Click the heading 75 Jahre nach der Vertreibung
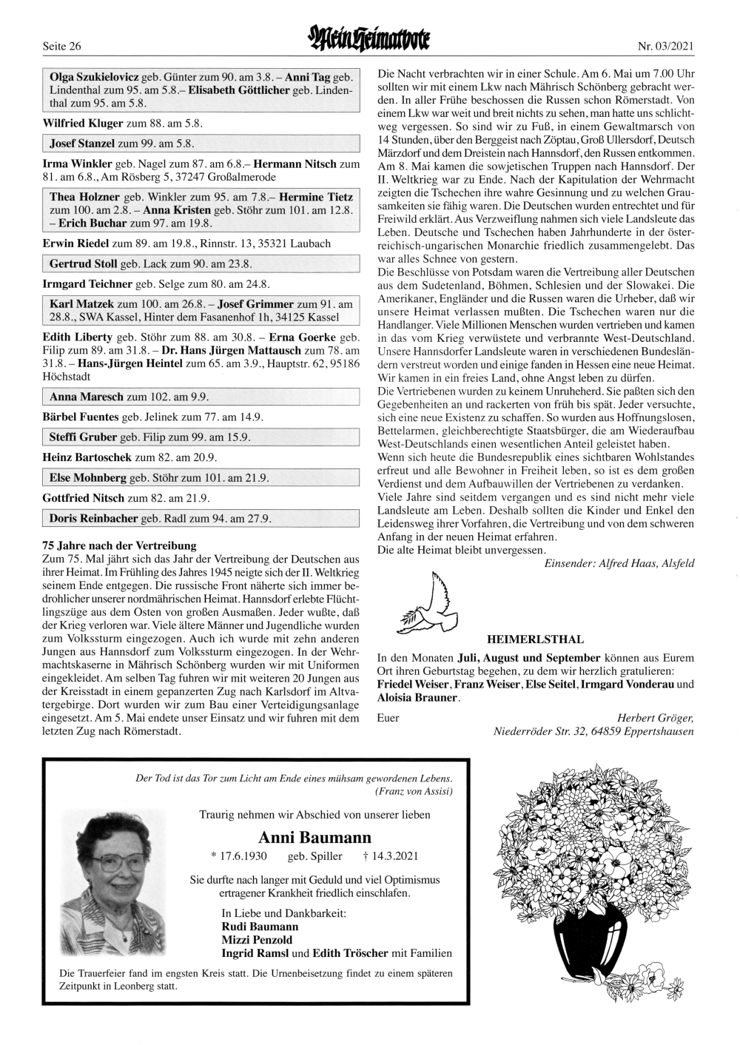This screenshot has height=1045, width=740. click(x=119, y=546)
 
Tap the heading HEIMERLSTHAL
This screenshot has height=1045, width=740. click(x=535, y=639)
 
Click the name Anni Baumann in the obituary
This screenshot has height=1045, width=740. click(x=315, y=838)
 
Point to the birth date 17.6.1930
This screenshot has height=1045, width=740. click(x=243, y=856)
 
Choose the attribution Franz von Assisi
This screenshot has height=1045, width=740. click(x=414, y=791)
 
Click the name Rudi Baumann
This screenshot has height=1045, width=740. click(x=260, y=927)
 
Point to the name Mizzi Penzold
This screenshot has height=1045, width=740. click(x=257, y=940)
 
